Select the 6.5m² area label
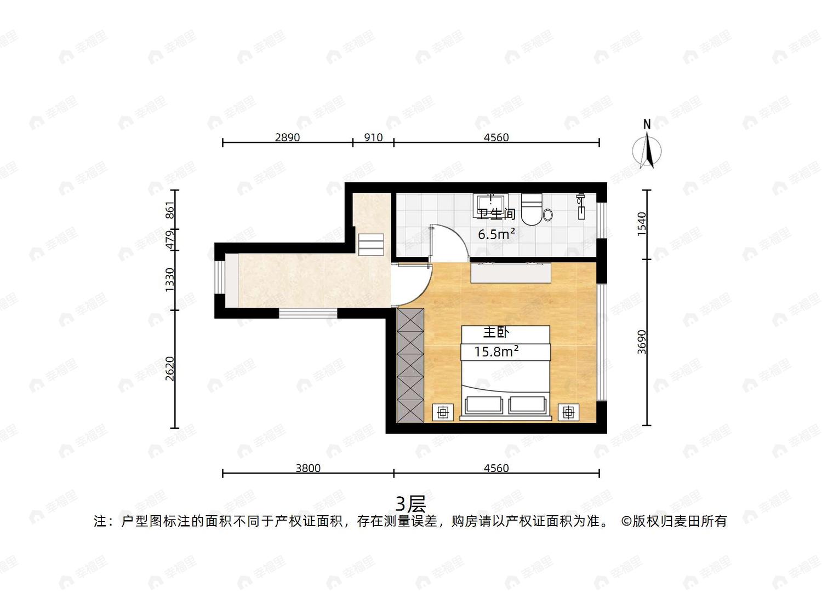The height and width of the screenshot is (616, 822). (496, 234)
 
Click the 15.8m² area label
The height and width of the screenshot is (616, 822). (496, 352)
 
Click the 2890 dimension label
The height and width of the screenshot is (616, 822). (287, 137)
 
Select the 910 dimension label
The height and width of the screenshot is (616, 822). (373, 137)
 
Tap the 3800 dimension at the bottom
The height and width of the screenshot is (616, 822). (308, 468)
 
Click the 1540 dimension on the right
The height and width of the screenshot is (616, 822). (642, 224)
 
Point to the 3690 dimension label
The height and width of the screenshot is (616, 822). (642, 342)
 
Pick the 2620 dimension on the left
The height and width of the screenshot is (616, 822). (170, 369)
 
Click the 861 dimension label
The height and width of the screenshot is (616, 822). (170, 210)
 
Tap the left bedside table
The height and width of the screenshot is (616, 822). (443, 412)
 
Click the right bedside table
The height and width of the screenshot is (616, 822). (568, 412)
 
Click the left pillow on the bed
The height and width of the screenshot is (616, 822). (484, 405)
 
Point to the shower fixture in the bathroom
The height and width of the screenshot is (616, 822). (581, 206)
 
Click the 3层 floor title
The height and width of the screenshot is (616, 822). (411, 504)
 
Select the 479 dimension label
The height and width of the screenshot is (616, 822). (170, 240)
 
